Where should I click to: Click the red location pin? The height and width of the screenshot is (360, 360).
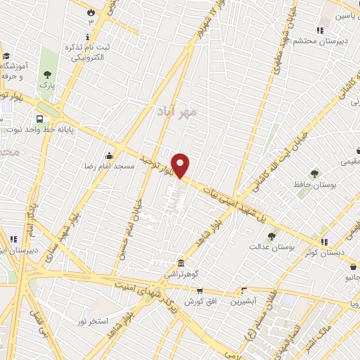pos(181,166)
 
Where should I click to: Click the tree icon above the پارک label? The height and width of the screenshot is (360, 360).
pos(47,74)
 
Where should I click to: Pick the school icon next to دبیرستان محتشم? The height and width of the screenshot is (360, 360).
pos(320,30)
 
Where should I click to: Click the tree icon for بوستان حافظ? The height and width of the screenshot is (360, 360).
pos(313,173)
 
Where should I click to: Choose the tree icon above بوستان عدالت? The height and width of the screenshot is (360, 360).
pos(272,236)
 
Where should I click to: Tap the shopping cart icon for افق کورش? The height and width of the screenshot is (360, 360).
pos(199,291)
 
